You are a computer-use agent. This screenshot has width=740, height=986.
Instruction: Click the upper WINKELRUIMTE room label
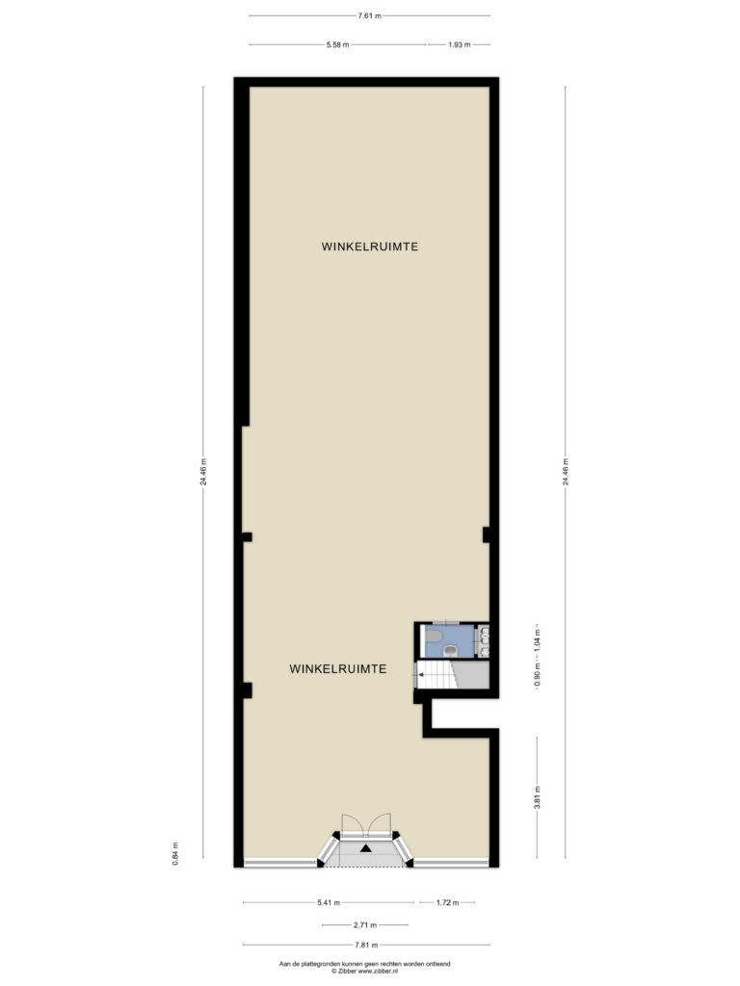[369, 246]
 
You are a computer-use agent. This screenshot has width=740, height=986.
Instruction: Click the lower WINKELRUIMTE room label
[338, 669]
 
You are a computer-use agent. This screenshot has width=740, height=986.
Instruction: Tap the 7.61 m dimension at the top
[369, 15]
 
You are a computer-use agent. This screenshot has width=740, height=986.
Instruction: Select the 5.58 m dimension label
[337, 44]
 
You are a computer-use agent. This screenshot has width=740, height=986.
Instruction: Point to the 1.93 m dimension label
[459, 44]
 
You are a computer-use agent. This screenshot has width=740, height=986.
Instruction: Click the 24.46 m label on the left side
[202, 472]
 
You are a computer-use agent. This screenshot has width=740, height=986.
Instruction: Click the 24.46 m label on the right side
[565, 472]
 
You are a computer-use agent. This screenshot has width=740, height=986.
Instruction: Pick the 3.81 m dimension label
[537, 797]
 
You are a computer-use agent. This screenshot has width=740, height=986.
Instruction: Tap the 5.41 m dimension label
[329, 902]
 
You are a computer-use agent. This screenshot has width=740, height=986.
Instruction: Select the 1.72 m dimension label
[447, 902]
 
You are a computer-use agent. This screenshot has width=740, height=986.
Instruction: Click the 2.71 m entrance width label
[365, 925]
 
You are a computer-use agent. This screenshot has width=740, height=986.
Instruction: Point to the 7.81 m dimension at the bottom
[366, 945]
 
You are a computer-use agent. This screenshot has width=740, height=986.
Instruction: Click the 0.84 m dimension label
[175, 853]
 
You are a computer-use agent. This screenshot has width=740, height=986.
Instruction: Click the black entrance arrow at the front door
[365, 848]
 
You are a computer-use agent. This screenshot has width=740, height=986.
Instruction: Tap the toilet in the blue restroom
[451, 650]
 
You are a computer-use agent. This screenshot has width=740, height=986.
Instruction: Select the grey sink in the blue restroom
[433, 636]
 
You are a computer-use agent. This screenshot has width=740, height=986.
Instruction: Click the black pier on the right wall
[487, 534]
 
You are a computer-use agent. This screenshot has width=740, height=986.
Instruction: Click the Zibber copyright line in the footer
[365, 972]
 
